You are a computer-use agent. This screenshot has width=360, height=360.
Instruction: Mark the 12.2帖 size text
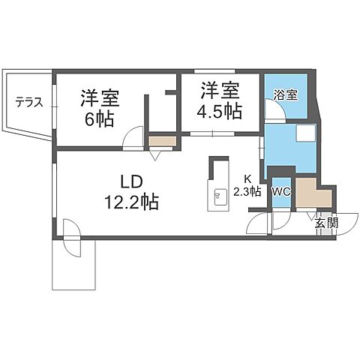coord(131,201)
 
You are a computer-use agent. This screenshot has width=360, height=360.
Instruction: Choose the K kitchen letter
coord(246,178)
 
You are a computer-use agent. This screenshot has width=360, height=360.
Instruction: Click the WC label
coord(281,190)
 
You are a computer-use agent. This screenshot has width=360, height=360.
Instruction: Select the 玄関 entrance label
coord(324,223)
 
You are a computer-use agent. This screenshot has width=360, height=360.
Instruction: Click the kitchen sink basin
coord(217,197)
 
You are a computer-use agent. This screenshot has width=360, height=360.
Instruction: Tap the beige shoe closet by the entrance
coord(306,194)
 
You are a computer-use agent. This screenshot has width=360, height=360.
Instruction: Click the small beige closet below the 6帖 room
coord(161,139)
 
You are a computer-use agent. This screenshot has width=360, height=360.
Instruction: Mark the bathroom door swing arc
coord(275,111)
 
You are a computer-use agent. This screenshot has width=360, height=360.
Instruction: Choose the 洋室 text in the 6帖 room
coord(100,99)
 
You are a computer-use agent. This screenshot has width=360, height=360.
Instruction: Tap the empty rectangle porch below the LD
coord(73,268)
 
